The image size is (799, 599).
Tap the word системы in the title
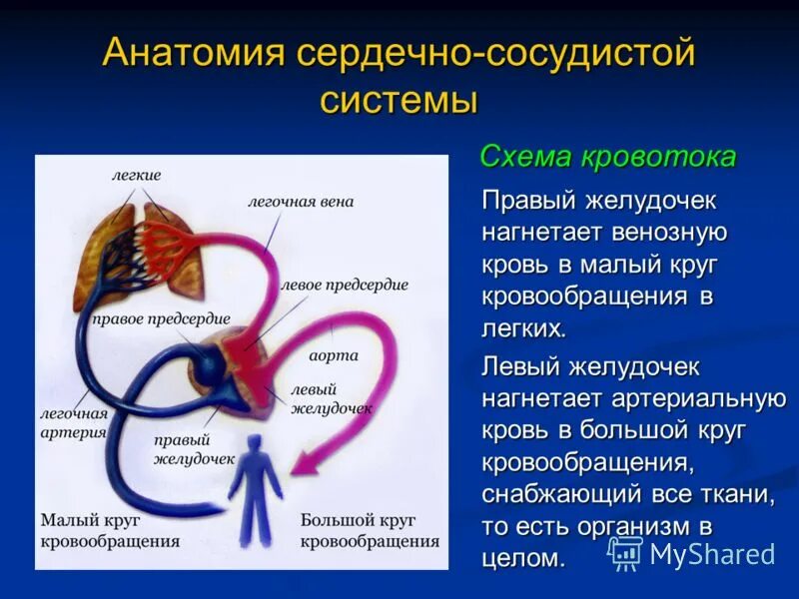pyautogui.click(x=399, y=102)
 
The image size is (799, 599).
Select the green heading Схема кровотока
pyautogui.click(x=608, y=157)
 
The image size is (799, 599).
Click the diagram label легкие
pyautogui.click(x=136, y=175)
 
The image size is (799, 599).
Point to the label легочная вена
pyautogui.click(x=301, y=202)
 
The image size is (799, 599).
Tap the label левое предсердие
pyautogui.click(x=345, y=285)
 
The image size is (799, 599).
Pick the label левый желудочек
pyautogui.click(x=331, y=398)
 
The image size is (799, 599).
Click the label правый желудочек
pyautogui.click(x=194, y=449)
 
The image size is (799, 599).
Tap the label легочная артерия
pyautogui.click(x=73, y=422)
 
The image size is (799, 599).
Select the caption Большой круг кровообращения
pyautogui.click(x=370, y=531)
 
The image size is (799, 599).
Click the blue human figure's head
pyautogui.click(x=255, y=444)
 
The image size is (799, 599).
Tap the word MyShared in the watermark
pyautogui.click(x=711, y=555)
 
